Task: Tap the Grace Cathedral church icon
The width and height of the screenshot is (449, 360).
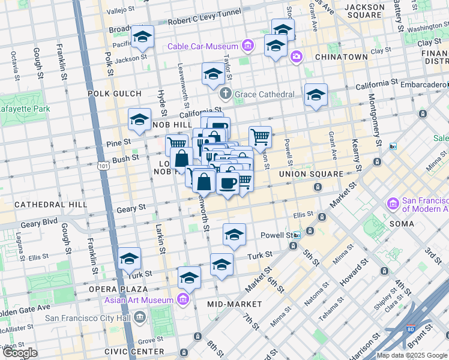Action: (225, 94)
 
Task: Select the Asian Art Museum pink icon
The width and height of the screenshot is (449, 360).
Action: (183, 299)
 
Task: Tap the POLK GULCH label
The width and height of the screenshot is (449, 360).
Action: (114, 94)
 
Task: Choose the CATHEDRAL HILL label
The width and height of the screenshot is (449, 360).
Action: (43, 205)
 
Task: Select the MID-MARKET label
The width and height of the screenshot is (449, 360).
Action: (226, 304)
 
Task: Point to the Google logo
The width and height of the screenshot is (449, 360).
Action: (20, 353)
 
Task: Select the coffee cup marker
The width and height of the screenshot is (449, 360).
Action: (228, 183)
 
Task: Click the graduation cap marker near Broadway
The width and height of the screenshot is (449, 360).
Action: (142, 37)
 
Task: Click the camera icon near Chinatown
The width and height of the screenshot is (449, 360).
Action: (296, 57)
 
